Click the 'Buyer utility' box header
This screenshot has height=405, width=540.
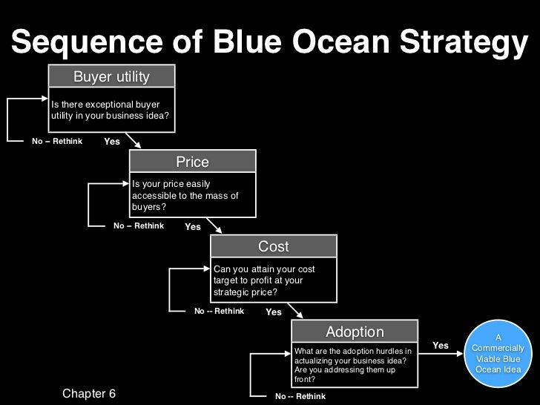tap(111, 77)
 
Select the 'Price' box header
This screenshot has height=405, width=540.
tap(192, 162)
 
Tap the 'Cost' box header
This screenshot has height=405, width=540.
tap(273, 246)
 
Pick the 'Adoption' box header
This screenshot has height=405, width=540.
tap(355, 332)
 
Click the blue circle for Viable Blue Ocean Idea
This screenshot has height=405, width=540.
tap(498, 354)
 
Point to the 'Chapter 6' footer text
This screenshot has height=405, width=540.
tap(89, 393)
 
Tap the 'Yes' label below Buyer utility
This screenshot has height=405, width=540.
tap(112, 142)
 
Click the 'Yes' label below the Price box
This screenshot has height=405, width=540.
tap(193, 227)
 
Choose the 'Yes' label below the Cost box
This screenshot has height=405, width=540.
tap(274, 312)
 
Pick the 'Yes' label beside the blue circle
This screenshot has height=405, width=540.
tap(441, 346)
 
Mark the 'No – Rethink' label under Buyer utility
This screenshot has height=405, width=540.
tap(57, 141)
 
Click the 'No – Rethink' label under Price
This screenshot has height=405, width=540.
tap(139, 226)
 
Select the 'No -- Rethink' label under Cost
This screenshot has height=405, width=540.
tap(219, 312)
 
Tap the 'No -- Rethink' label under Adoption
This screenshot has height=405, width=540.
tap(300, 396)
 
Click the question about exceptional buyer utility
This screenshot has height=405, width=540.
tap(110, 110)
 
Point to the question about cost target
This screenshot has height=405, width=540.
tap(264, 280)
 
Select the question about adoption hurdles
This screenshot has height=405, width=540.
tap(353, 364)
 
